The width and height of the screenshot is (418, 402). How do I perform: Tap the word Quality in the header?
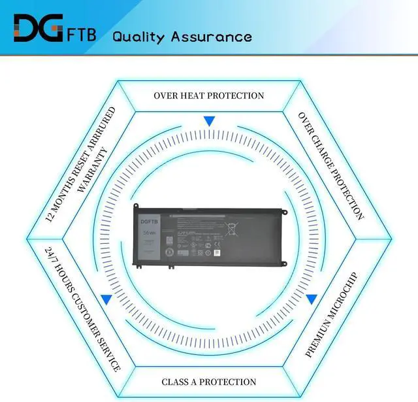point(138,36)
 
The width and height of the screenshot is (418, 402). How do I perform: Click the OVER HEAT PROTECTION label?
point(209,95)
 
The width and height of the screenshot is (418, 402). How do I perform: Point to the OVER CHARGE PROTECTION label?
point(330,165)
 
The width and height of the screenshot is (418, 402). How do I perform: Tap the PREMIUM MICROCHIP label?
point(332,314)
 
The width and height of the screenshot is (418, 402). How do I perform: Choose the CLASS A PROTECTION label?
point(209,382)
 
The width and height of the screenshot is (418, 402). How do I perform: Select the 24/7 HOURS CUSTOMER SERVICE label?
point(82,309)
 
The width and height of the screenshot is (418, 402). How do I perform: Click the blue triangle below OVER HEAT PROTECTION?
point(209,122)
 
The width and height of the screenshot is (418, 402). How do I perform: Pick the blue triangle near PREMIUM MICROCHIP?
point(312,299)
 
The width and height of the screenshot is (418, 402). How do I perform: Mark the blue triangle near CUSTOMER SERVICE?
point(106,299)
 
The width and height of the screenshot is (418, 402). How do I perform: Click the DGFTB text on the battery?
point(150,222)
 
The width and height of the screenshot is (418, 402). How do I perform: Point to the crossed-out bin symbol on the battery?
point(231,229)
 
